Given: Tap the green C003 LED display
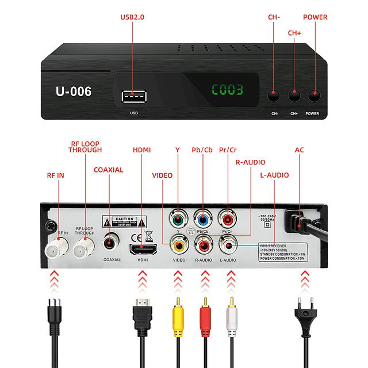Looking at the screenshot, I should (x=227, y=90).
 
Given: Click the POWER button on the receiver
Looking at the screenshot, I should (x=314, y=95).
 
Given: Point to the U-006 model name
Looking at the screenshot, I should (x=74, y=91).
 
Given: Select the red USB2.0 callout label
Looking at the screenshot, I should (x=132, y=17).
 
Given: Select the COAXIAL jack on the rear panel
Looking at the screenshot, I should (x=110, y=243).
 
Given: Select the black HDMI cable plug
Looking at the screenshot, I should (x=142, y=316).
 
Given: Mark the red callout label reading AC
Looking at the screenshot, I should (x=299, y=150).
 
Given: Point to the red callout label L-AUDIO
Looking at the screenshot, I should (x=274, y=175).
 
